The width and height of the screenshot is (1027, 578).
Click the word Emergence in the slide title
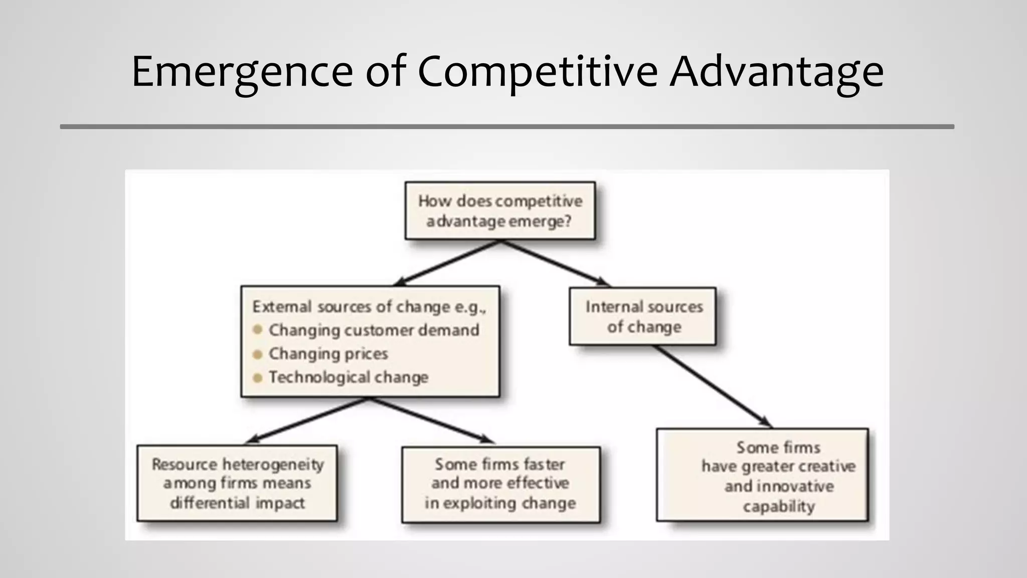[x=242, y=72]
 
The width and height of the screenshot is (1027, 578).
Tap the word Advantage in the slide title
[x=777, y=72]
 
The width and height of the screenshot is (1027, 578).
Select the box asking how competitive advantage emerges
[x=500, y=211]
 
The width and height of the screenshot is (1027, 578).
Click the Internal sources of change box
[x=643, y=316]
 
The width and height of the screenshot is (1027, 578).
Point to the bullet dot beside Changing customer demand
[x=258, y=330]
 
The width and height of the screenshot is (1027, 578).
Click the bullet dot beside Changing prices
[x=258, y=354]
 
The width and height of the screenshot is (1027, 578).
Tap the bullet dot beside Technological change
[x=258, y=378]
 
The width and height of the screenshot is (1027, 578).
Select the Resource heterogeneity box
[x=237, y=483]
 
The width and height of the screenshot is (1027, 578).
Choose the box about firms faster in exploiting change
[x=500, y=484]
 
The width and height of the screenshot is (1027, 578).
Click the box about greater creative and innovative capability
[x=762, y=475]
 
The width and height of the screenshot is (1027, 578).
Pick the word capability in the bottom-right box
[x=778, y=506]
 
